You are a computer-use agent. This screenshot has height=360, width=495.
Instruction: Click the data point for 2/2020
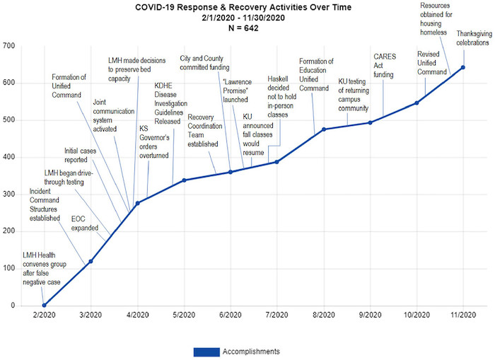tap(44, 306)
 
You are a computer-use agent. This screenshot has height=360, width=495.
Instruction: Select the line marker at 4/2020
tap(137, 203)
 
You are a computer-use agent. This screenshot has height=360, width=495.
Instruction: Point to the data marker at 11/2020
tap(463, 67)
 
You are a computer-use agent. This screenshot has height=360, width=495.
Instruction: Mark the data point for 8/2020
tap(323, 129)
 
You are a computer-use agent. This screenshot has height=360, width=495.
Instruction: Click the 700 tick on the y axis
tap(8, 46)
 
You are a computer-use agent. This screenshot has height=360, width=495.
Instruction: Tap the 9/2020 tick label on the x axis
tap(370, 315)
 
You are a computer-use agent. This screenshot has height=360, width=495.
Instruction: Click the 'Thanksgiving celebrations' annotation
tap(472, 38)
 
